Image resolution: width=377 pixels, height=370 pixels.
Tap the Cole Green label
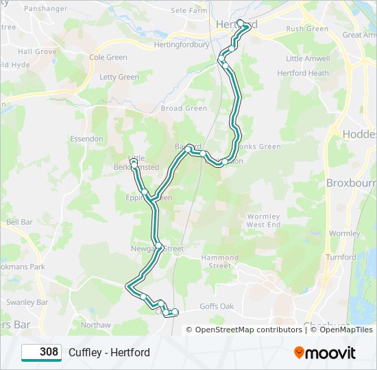(x=108, y=58)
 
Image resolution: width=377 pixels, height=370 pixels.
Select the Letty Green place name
(x=119, y=77)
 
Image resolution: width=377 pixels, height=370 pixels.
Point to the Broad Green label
(x=184, y=108)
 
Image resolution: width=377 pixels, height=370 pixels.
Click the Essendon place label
(x=86, y=138)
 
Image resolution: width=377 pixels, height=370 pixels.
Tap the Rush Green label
(x=307, y=29)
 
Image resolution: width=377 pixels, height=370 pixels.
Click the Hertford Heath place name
(x=303, y=73)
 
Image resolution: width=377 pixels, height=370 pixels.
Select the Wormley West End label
(x=264, y=221)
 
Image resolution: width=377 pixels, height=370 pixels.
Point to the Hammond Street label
(x=220, y=262)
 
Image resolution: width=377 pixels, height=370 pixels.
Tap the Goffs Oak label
(x=217, y=306)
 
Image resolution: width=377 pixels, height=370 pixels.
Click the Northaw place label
(x=95, y=325)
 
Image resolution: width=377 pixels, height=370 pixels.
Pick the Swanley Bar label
(x=27, y=302)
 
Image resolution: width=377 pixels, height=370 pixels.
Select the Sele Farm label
(x=188, y=11)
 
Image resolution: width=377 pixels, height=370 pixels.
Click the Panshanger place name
(x=45, y=9)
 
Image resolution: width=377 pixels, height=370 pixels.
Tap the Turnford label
(x=341, y=258)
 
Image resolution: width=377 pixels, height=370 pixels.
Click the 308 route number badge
(x=42, y=352)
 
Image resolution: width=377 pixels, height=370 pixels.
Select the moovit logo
(x=325, y=353)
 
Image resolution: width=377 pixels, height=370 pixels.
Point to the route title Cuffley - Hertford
(x=109, y=353)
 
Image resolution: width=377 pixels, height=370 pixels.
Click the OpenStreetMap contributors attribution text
(x=248, y=330)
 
